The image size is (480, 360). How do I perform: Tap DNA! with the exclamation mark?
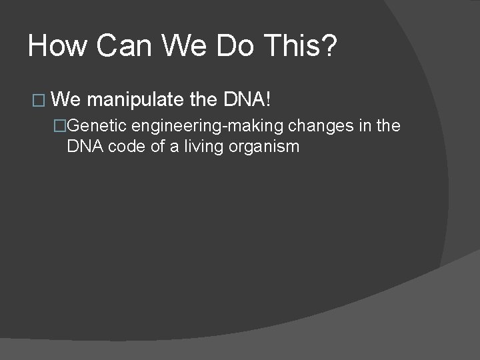coord(247,100)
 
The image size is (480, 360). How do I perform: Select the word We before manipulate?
coord(66,100)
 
